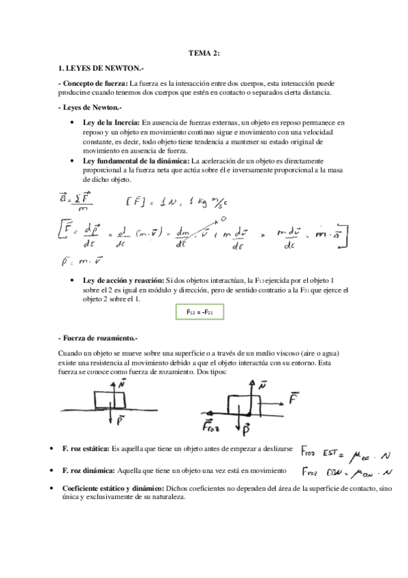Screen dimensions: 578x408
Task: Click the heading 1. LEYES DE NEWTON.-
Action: [x=98, y=67]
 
